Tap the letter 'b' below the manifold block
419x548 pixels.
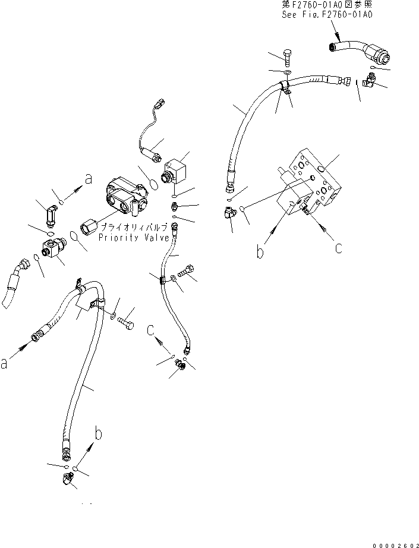(x=260, y=251)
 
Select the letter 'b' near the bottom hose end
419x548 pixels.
(x=99, y=433)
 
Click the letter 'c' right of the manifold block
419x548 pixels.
(x=338, y=248)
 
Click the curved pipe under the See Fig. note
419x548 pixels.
(x=357, y=51)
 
